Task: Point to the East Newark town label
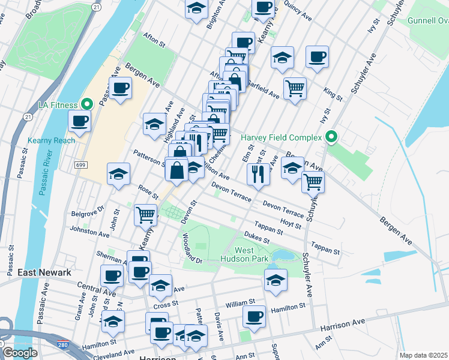click(x=44, y=272)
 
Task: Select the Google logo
click(x=20, y=353)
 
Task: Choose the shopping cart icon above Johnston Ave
click(x=145, y=214)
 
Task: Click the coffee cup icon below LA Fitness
click(x=79, y=121)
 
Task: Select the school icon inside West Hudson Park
click(x=276, y=280)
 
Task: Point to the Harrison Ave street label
click(x=343, y=326)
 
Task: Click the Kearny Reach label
click(x=52, y=140)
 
